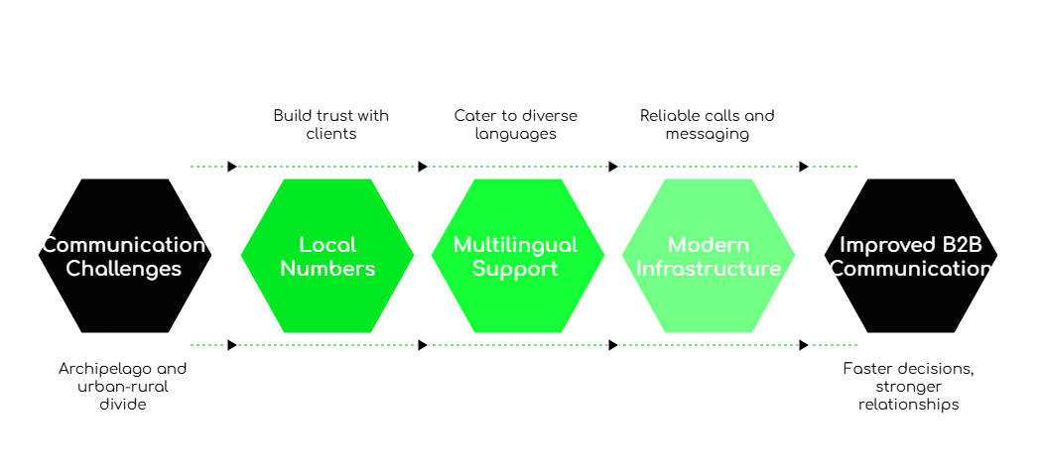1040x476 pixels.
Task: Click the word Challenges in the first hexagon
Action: coord(124,269)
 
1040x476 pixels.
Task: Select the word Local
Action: coord(327,244)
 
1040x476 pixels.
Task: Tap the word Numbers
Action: coord(327,269)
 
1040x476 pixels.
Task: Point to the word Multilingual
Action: coord(515,244)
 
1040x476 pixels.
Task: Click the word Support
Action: coord(515,269)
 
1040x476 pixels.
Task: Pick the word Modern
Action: coord(707,244)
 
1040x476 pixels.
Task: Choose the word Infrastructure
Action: coord(709,269)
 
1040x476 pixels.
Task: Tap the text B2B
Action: coord(958,244)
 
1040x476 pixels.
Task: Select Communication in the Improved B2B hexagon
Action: coord(911,269)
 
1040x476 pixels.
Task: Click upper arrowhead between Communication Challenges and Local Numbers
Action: coord(232,167)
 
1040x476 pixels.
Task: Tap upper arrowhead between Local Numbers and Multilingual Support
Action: coord(423,167)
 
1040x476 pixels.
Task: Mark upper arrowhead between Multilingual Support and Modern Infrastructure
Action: coord(613,167)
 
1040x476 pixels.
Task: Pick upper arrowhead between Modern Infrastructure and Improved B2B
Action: coord(804,167)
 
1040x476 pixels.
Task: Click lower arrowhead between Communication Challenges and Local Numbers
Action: coord(232,345)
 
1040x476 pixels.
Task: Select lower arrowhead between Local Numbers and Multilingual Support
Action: coord(423,345)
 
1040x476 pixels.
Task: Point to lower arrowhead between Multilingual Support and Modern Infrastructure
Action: coord(613,345)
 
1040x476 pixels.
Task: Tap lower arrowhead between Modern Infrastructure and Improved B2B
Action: coord(804,345)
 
